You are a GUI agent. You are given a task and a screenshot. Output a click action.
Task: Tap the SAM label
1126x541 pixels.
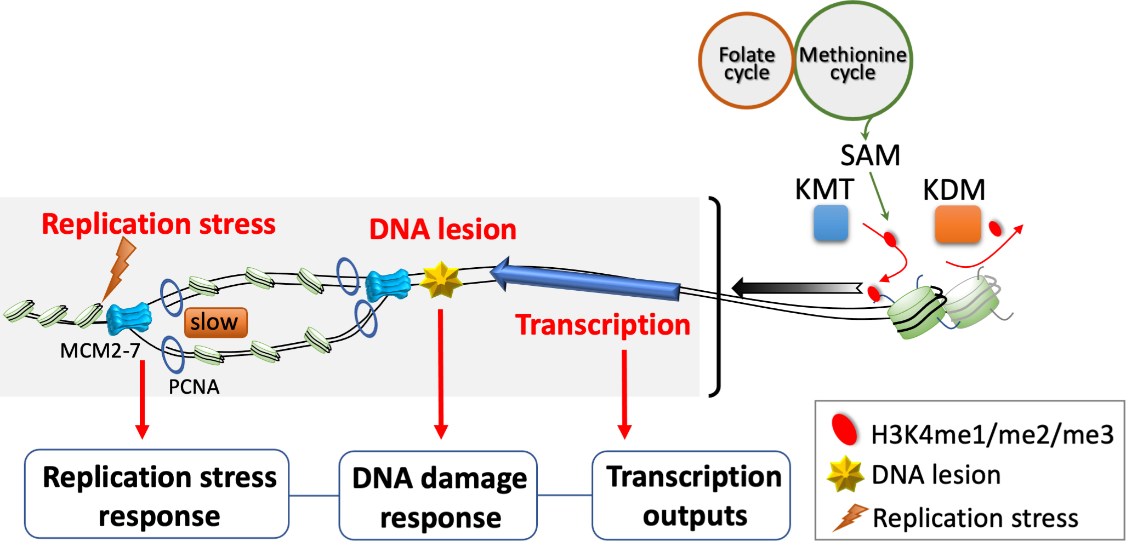click(x=870, y=156)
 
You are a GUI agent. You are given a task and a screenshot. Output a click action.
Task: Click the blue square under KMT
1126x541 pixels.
click(x=831, y=223)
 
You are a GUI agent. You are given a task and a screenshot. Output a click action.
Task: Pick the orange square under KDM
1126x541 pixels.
click(x=957, y=224)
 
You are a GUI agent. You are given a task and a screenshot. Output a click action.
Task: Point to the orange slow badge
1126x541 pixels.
click(x=215, y=323)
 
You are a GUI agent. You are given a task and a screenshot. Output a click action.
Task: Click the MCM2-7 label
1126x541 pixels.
click(x=100, y=350)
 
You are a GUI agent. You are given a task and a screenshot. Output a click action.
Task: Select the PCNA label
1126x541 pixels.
click(x=194, y=387)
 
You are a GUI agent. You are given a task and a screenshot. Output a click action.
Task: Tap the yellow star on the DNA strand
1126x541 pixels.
click(x=440, y=280)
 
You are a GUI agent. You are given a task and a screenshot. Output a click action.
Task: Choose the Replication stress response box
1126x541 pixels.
click(x=157, y=494)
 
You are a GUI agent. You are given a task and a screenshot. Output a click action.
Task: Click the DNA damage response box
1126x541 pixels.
click(x=438, y=496)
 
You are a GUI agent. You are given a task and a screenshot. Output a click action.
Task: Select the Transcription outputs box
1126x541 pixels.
click(x=691, y=495)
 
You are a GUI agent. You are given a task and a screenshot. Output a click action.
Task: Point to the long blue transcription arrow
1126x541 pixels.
click(x=587, y=280)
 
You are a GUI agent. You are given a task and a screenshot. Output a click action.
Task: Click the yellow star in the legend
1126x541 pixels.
click(x=845, y=474)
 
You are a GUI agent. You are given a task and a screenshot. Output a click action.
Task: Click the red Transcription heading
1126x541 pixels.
click(x=602, y=325)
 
